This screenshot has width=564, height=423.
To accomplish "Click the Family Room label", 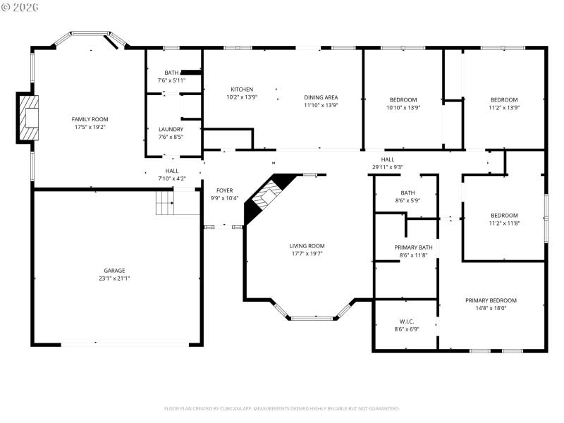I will coord(90,119).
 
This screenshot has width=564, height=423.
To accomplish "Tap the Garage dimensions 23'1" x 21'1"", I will coord(114,278).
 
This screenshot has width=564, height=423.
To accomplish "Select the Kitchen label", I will coord(242,90).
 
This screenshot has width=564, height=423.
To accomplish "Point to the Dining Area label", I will coord(321,97).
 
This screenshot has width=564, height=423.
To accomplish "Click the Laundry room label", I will coord(171,129).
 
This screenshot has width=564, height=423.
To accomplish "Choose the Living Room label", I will coord(307,246).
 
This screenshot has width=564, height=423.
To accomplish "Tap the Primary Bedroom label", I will coord(491,300).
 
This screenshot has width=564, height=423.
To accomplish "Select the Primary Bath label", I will coord(413,247).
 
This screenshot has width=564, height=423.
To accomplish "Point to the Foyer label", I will coord(224,190).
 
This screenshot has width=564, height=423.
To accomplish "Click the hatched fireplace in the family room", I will coord(30,118).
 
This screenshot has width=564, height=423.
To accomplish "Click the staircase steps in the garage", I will coord(164,204).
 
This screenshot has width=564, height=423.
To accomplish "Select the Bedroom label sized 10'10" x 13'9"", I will coord(403,99).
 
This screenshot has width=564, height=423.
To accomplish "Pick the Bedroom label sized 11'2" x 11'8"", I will coord(504,216).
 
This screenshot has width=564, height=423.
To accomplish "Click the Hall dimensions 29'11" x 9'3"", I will coord(387,167).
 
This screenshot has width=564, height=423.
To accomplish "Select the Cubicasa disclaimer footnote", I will coord(282,408).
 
